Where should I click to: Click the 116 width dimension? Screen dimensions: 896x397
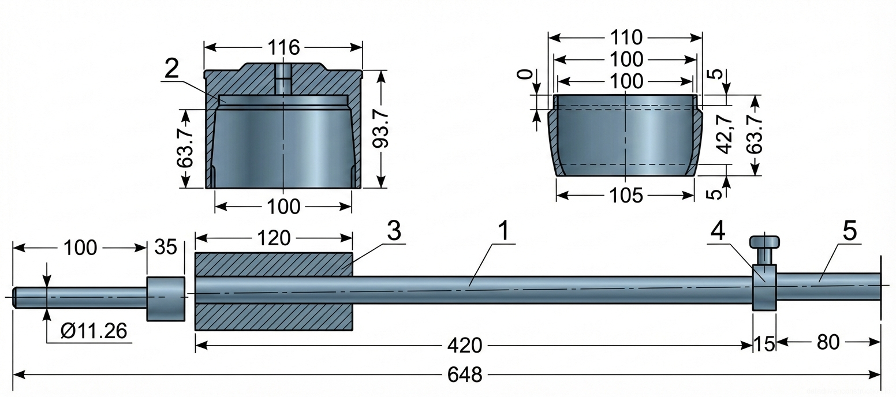pyautogui.click(x=283, y=47)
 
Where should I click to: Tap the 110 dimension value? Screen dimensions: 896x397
pyautogui.click(x=626, y=38)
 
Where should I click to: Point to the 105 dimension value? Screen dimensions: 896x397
pyautogui.click(x=626, y=196)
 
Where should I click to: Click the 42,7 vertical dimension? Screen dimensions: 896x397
pyautogui.click(x=725, y=134)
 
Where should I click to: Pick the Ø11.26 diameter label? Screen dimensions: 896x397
pyautogui.click(x=94, y=331)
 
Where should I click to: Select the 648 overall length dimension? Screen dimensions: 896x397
pyautogui.click(x=464, y=375)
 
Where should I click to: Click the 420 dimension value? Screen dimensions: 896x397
pyautogui.click(x=464, y=346)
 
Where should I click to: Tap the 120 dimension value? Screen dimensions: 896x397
pyautogui.click(x=274, y=238)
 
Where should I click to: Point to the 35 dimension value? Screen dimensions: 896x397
pyautogui.click(x=166, y=247)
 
